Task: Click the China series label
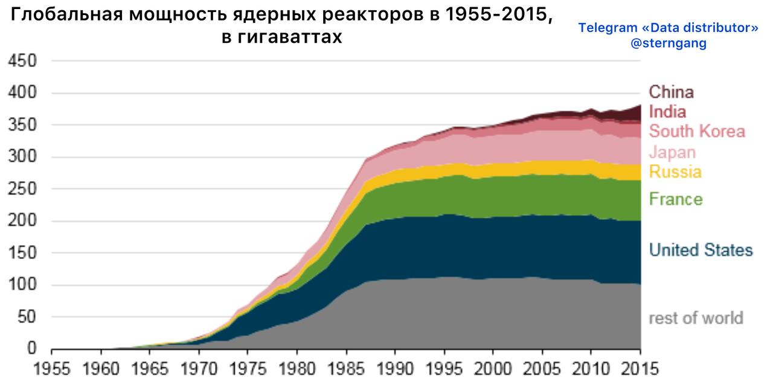(671, 92)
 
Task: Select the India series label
(667, 112)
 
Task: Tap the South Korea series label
(697, 131)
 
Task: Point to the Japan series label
(672, 152)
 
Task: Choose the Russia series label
(675, 172)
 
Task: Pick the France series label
(676, 199)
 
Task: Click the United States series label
(701, 250)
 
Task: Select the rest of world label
(696, 318)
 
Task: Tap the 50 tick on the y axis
(27, 317)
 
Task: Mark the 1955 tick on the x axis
(52, 368)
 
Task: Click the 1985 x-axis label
(346, 368)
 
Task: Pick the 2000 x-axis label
(493, 368)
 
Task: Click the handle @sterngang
(668, 43)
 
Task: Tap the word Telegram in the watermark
(606, 28)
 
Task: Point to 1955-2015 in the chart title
(499, 15)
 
